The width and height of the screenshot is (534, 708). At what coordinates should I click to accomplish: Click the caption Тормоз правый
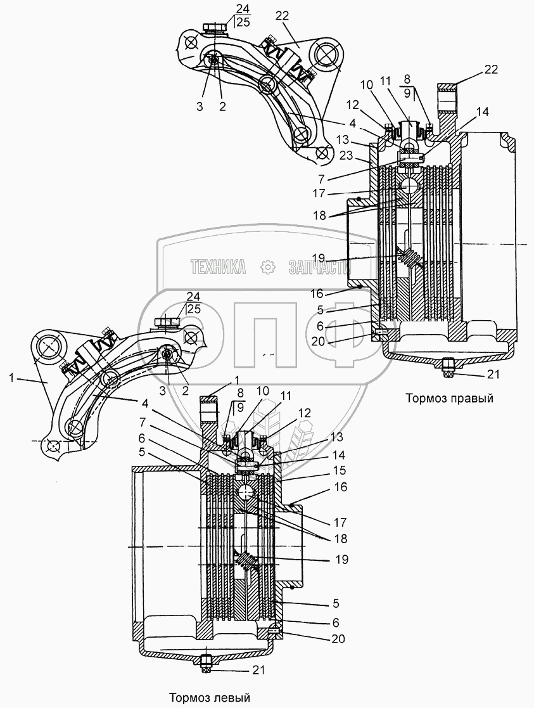(x=449, y=399)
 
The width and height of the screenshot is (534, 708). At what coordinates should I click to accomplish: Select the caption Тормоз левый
(x=210, y=697)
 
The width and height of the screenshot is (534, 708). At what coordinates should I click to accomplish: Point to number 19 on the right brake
(x=318, y=258)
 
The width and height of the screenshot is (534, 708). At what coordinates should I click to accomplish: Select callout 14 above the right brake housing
(x=482, y=112)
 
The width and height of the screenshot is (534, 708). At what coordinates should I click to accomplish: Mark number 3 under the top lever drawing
(x=200, y=106)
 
